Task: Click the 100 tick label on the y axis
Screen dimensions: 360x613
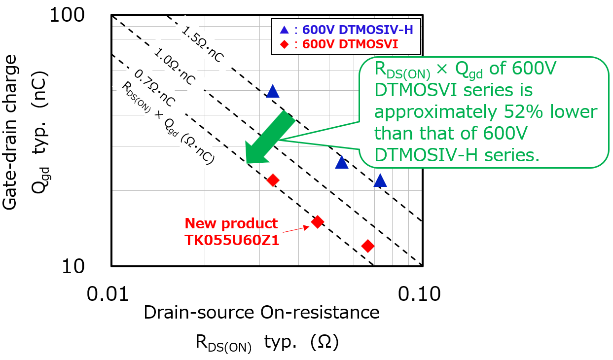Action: click(x=75, y=16)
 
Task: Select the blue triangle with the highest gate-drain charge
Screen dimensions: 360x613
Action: click(x=272, y=91)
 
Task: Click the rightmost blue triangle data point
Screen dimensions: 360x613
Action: click(x=380, y=181)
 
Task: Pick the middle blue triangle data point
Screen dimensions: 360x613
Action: click(x=341, y=162)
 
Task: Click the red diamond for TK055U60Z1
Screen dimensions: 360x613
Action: click(x=318, y=221)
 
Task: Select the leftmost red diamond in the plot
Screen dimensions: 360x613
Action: click(x=273, y=180)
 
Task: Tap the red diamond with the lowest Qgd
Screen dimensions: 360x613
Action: click(x=367, y=246)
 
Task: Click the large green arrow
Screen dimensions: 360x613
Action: click(x=269, y=138)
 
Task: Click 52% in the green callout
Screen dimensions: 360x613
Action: click(x=515, y=112)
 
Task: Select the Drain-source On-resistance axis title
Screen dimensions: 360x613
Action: click(x=261, y=313)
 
